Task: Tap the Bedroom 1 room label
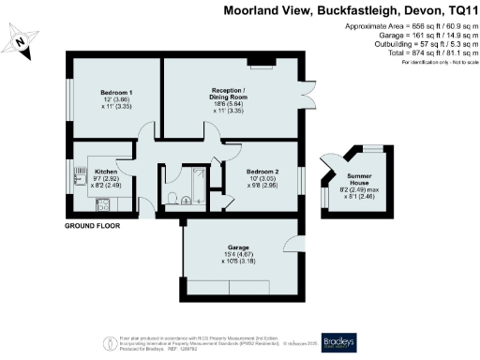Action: tap(116, 93)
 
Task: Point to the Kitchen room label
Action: tap(105, 172)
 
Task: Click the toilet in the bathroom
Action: tap(172, 197)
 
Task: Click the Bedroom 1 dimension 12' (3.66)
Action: tap(116, 100)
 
